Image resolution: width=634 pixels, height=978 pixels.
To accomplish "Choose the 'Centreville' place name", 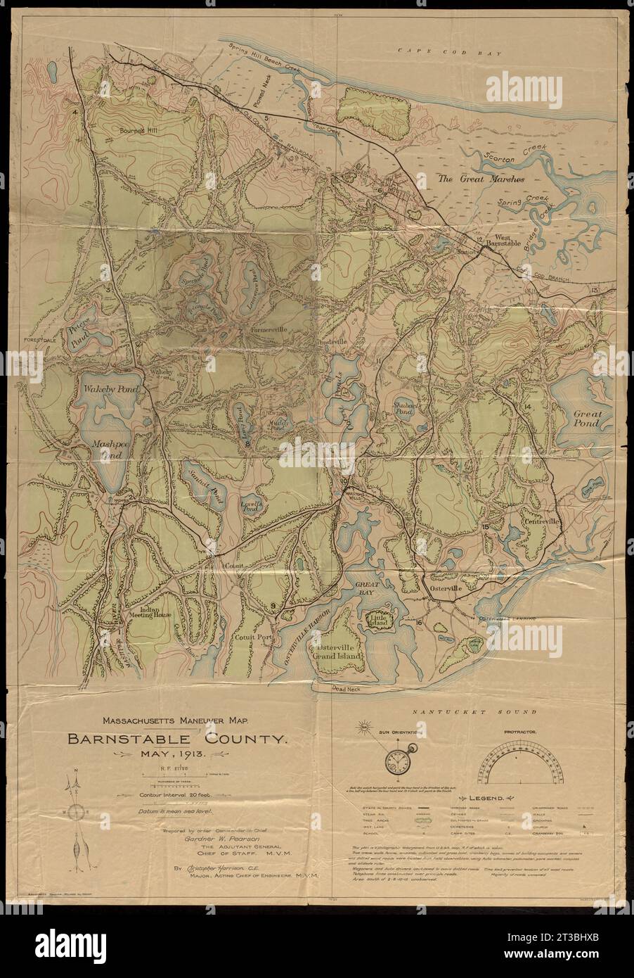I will point(540,523).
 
